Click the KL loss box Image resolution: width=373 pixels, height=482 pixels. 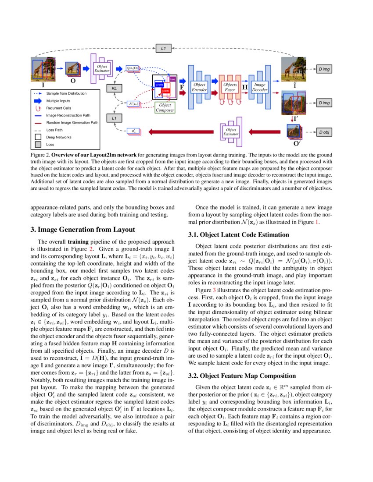click(115, 88)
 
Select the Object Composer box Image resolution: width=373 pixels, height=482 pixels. click(165, 108)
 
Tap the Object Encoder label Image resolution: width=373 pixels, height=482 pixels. click(199, 87)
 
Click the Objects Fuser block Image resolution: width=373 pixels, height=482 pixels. click(230, 87)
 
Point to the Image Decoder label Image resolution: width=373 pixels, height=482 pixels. click(260, 87)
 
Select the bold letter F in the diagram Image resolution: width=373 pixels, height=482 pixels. click(182, 88)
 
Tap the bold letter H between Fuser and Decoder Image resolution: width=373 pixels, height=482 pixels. click(245, 88)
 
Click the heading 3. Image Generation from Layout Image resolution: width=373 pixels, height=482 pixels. click(82, 230)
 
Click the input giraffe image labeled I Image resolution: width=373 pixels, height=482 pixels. click(43, 70)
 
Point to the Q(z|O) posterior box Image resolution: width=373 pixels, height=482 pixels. click(133, 68)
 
